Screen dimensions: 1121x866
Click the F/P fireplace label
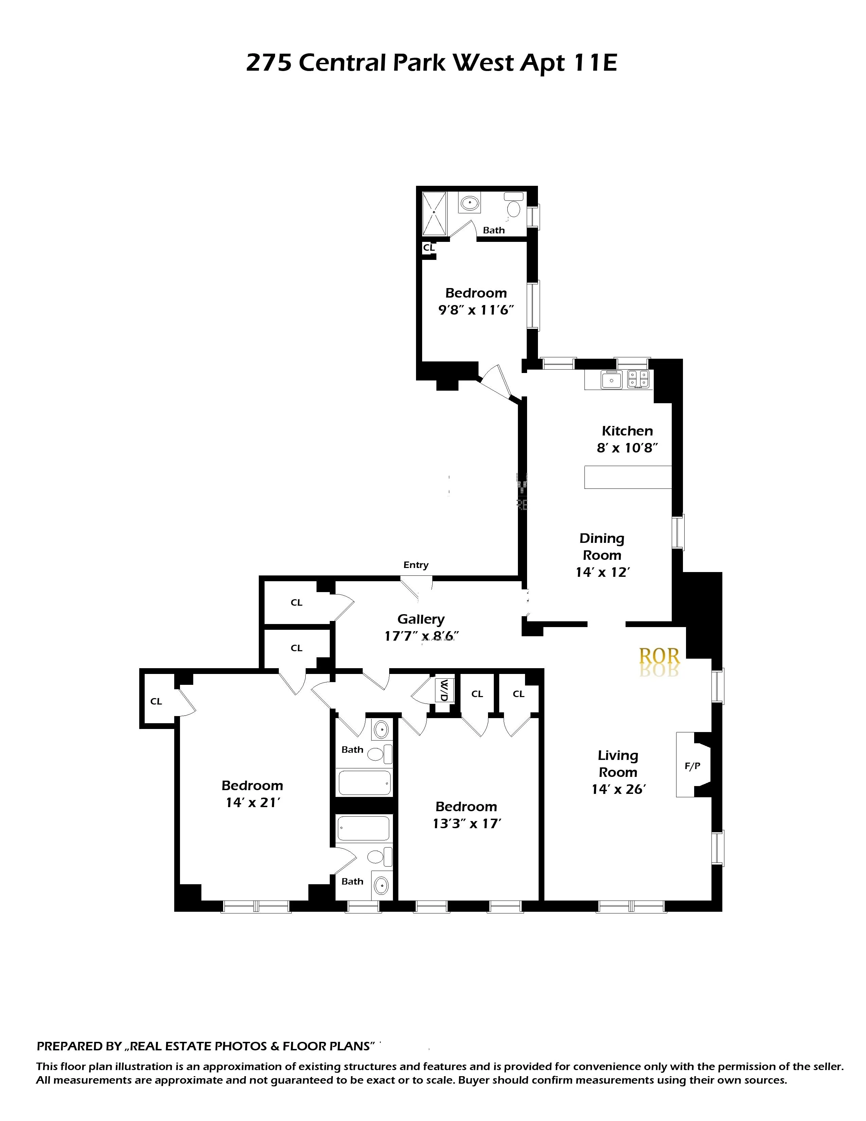click(692, 766)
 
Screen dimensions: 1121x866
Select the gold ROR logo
click(659, 656)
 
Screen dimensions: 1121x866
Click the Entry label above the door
click(416, 565)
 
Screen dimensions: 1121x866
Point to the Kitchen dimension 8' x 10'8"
click(627, 448)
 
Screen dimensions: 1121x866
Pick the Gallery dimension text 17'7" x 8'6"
click(421, 637)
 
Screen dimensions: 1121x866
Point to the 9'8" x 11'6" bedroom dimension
click(475, 310)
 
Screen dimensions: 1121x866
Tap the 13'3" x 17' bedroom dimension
click(466, 824)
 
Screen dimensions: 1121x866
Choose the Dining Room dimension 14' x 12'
click(602, 572)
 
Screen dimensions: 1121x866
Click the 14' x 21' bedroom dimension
click(252, 803)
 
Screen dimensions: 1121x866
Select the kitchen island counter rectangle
click(628, 477)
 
